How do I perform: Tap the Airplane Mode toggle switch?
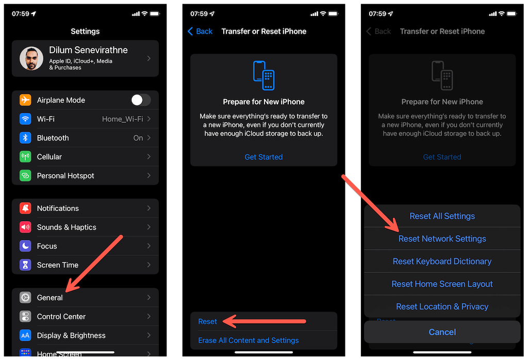[x=140, y=100]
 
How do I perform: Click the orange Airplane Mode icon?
[x=25, y=100]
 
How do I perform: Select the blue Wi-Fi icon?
[x=25, y=119]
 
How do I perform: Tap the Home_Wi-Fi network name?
[x=122, y=119]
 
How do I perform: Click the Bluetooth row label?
[x=53, y=138]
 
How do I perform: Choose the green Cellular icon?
[x=25, y=157]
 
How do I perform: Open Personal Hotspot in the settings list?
[x=65, y=176]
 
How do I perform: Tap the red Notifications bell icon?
[x=25, y=208]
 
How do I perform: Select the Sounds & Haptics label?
[x=67, y=227]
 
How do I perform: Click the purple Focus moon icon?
[x=25, y=246]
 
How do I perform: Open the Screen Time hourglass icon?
[x=25, y=265]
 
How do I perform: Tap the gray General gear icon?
[x=25, y=298]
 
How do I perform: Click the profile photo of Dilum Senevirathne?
[x=31, y=58]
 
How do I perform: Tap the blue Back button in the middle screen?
[x=200, y=31]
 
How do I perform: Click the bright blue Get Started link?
[x=263, y=157]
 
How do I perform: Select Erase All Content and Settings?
[x=248, y=340]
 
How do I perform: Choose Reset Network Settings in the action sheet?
[x=442, y=239]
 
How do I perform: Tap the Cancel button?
[x=442, y=332]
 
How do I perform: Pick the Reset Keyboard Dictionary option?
[x=442, y=261]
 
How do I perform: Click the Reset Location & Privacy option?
[x=442, y=306]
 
